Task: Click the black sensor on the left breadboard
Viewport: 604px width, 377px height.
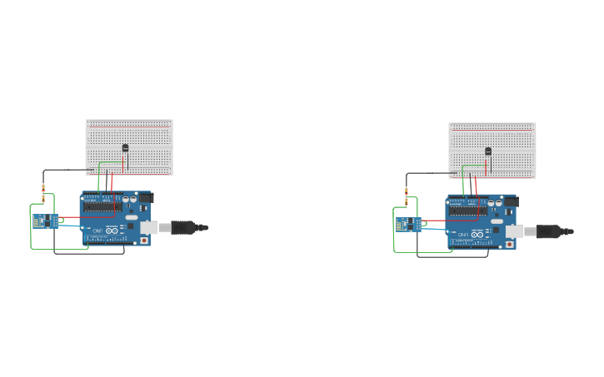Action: tap(125, 148)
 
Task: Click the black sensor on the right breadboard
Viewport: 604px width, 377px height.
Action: tap(488, 151)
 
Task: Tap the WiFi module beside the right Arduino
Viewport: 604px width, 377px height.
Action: tap(407, 224)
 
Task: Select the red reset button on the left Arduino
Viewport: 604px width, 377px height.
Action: tap(145, 241)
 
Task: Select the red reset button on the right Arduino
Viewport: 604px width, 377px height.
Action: tap(509, 244)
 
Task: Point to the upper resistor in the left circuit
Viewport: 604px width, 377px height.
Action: tap(43, 188)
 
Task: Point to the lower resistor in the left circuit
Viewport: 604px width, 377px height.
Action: tap(43, 199)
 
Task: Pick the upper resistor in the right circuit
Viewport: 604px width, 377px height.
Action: tap(407, 191)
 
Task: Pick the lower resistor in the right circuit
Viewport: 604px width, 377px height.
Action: tap(407, 202)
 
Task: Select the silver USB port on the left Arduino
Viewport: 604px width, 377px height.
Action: tap(149, 226)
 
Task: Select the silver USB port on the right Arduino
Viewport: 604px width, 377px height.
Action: tap(514, 230)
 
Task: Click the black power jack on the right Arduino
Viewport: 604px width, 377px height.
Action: tap(509, 201)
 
